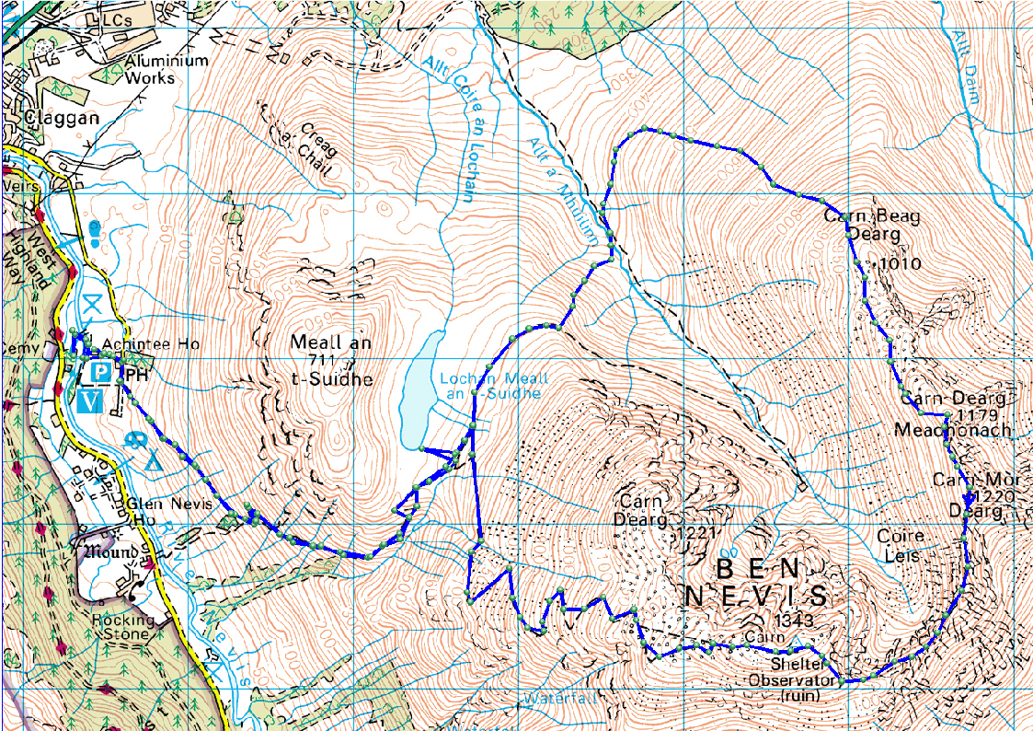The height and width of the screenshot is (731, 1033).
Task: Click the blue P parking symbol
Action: coord(101,373)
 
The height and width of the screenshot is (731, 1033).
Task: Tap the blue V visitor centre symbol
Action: coord(90,400)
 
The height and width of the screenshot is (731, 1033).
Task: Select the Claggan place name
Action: coord(63,119)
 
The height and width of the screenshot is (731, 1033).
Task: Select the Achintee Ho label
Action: coord(151,344)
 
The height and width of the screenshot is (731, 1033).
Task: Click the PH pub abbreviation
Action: coord(135,375)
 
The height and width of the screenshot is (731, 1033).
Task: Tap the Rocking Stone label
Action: coord(122,628)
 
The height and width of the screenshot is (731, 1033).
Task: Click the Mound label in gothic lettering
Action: coord(109,553)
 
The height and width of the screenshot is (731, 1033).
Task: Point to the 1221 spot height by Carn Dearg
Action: coord(695,533)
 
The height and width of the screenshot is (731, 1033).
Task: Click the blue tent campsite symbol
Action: coord(149,460)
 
